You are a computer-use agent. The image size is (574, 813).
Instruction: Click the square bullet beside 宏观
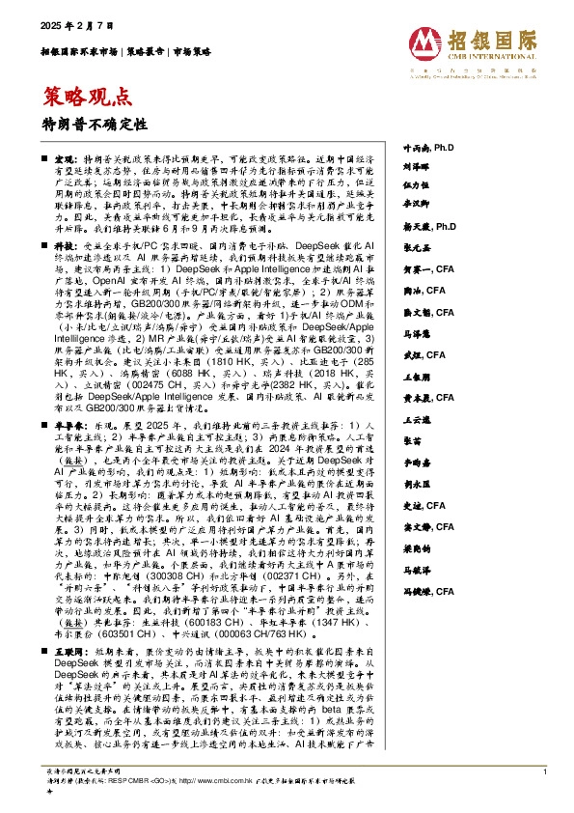click(44, 156)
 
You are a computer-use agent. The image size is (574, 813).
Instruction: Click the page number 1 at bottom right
click(545, 771)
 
